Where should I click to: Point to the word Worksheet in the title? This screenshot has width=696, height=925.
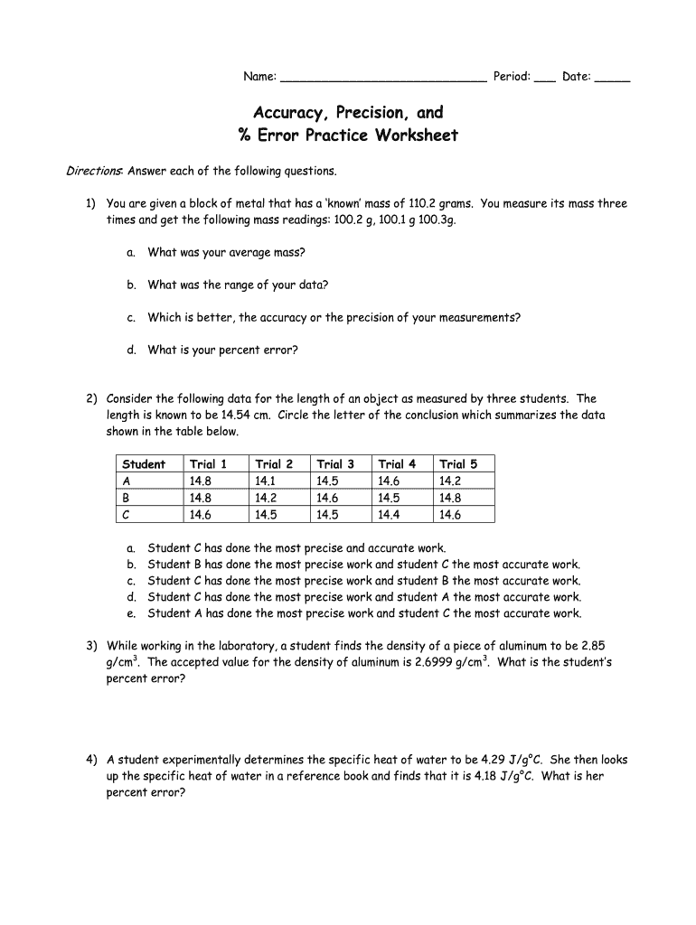[x=414, y=135]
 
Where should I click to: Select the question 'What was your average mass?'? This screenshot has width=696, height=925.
[x=226, y=252]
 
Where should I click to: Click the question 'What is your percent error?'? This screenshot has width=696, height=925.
[x=222, y=350]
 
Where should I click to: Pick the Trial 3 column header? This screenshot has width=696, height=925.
[x=335, y=464]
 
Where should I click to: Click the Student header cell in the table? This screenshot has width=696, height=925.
[x=144, y=464]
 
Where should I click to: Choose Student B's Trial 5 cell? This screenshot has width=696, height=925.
[x=450, y=498]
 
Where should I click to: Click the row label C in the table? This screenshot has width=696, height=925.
[x=127, y=515]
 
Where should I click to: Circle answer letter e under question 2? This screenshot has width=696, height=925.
[x=131, y=613]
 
